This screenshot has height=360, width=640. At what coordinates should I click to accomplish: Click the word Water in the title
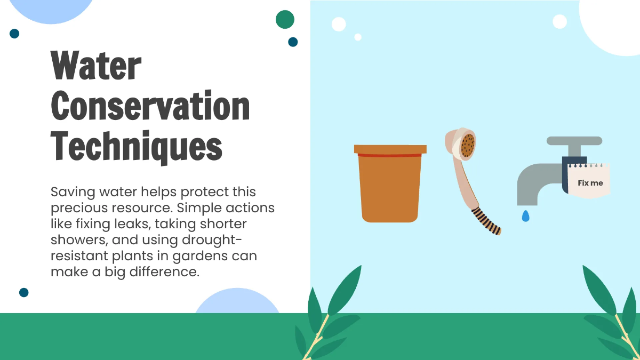click(x=96, y=67)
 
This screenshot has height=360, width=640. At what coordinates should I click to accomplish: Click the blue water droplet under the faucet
click(x=526, y=216)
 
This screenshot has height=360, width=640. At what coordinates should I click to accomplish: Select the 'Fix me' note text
click(x=590, y=183)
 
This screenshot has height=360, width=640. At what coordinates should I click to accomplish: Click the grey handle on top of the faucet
click(x=574, y=141)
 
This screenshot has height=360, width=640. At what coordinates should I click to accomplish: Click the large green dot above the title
click(x=285, y=19)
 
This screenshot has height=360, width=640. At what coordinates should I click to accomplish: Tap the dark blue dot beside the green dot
click(x=293, y=42)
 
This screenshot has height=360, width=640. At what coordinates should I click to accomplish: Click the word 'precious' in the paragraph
click(x=78, y=207)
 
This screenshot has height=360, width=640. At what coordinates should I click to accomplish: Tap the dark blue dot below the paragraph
click(x=23, y=292)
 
